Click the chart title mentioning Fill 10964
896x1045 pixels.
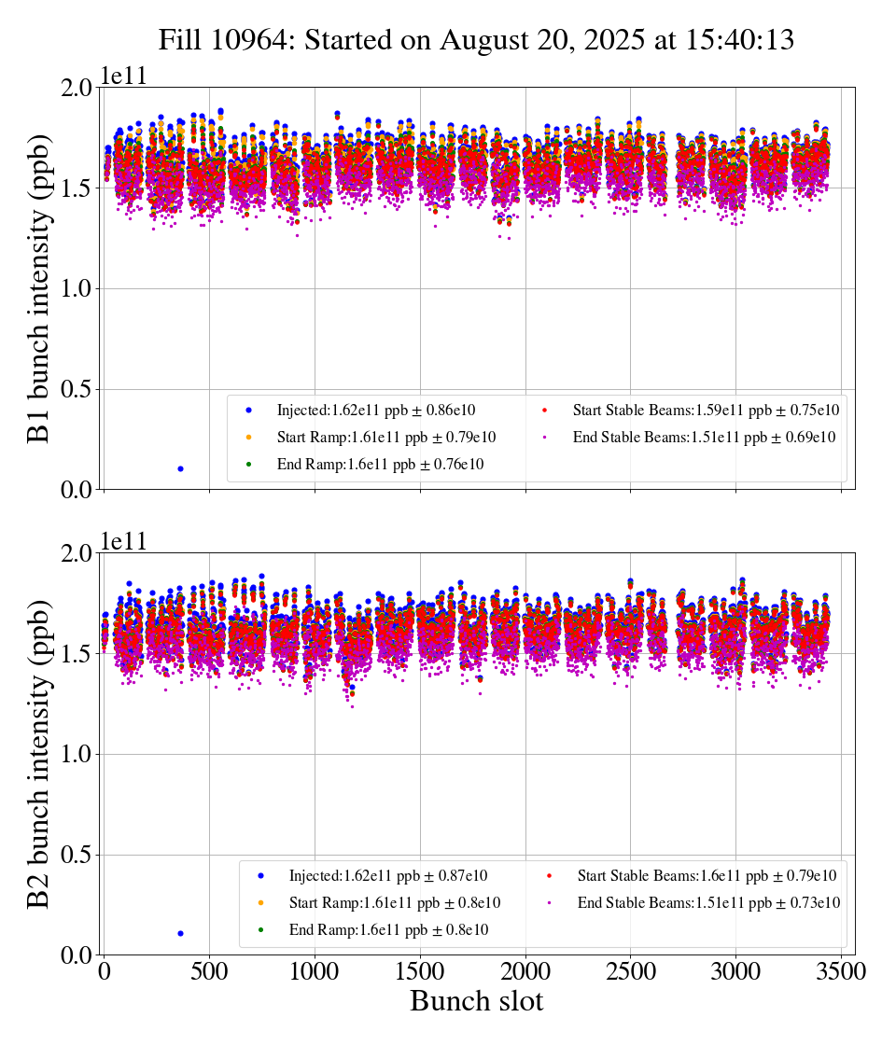[x=476, y=40]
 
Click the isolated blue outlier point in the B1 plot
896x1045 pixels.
[x=180, y=468]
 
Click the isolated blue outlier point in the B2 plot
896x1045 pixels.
[x=180, y=933]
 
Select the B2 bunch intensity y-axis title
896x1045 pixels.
[x=39, y=753]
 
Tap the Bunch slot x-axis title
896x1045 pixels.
[x=476, y=1002]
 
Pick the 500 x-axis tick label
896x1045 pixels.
[x=209, y=971]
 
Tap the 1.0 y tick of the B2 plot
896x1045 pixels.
[x=77, y=754]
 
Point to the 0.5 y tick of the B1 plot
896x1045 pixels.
[x=77, y=389]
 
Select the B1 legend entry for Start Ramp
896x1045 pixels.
[x=385, y=437]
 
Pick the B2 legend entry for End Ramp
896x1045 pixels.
[x=388, y=929]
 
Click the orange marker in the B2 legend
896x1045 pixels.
[x=260, y=902]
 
